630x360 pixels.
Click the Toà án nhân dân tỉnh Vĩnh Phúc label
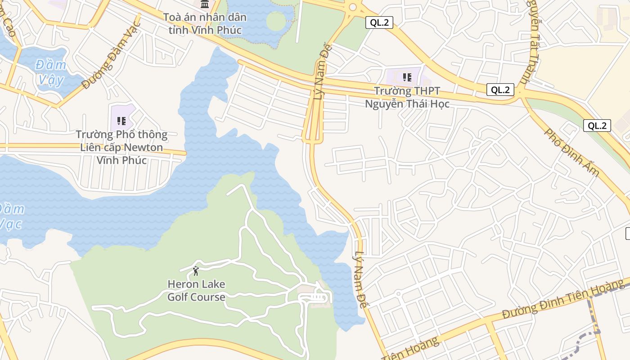pyautogui.click(x=205, y=23)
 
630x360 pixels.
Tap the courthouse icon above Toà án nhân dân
pyautogui.click(x=205, y=4)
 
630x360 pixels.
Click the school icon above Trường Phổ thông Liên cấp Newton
pyautogui.click(x=121, y=121)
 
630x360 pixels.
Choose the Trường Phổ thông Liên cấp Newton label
pyautogui.click(x=121, y=147)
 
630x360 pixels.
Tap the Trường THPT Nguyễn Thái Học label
pyautogui.click(x=407, y=98)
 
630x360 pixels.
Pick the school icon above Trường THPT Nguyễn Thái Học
pyautogui.click(x=407, y=77)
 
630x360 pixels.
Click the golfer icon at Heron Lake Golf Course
pyautogui.click(x=196, y=271)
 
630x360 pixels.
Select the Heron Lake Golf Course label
pyautogui.click(x=196, y=291)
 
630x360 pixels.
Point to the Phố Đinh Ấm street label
pyautogui.click(x=571, y=152)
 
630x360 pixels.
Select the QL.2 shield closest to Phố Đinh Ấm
pyautogui.click(x=597, y=126)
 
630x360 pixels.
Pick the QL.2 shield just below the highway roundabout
pyautogui.click(x=379, y=22)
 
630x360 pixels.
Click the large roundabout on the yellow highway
pyautogui.click(x=352, y=7)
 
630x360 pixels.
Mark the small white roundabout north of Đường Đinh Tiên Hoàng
pyautogui.click(x=398, y=294)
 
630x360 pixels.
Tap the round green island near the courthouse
pyautogui.click(x=276, y=21)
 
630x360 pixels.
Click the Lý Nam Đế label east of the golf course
pyautogui.click(x=360, y=279)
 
